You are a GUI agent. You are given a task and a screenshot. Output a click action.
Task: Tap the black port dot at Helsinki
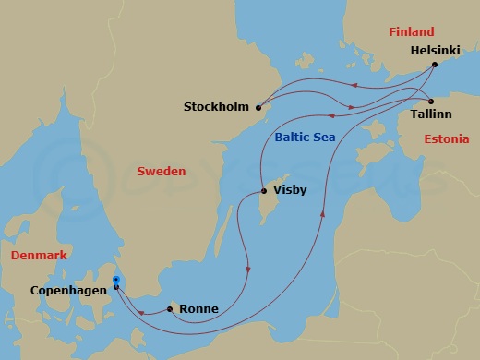point(437,65)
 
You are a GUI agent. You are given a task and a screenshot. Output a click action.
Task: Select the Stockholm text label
point(217,106)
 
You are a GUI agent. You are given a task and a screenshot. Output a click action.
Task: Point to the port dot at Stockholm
point(258,106)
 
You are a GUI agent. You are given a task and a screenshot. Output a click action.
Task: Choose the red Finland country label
point(411,32)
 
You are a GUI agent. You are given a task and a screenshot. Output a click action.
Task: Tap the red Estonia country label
point(446,139)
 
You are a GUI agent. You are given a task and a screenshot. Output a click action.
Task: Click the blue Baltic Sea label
point(305,138)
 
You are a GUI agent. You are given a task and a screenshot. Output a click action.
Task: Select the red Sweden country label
point(161,172)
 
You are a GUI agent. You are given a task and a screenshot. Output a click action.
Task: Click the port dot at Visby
point(265,191)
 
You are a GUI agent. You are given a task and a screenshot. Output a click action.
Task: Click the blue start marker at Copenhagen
point(115,280)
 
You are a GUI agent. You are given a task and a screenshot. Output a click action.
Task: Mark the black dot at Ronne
point(170,309)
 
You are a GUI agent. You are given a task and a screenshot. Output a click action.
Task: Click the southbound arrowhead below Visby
point(248,269)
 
